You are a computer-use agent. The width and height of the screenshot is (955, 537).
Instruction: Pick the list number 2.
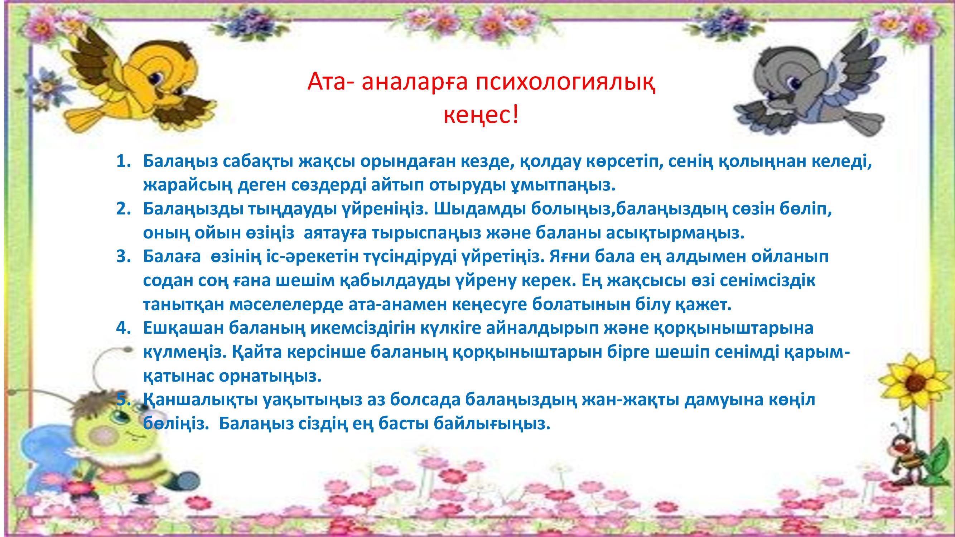125,209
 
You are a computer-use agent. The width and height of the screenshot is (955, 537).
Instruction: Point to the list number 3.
125,256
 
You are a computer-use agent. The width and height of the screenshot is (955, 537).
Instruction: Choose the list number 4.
125,328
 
